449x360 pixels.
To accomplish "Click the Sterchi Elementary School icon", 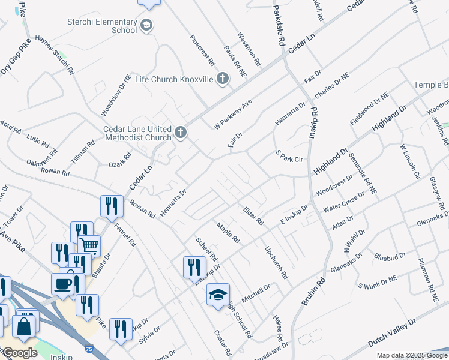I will [148, 26].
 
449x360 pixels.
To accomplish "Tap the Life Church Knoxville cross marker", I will [222, 79].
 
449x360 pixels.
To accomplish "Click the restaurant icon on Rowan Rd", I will [112, 206].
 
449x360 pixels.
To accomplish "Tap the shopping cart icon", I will [89, 245].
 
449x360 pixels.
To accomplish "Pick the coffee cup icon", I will [62, 284].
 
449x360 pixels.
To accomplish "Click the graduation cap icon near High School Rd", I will [218, 294].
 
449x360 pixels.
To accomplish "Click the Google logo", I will [20, 353].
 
